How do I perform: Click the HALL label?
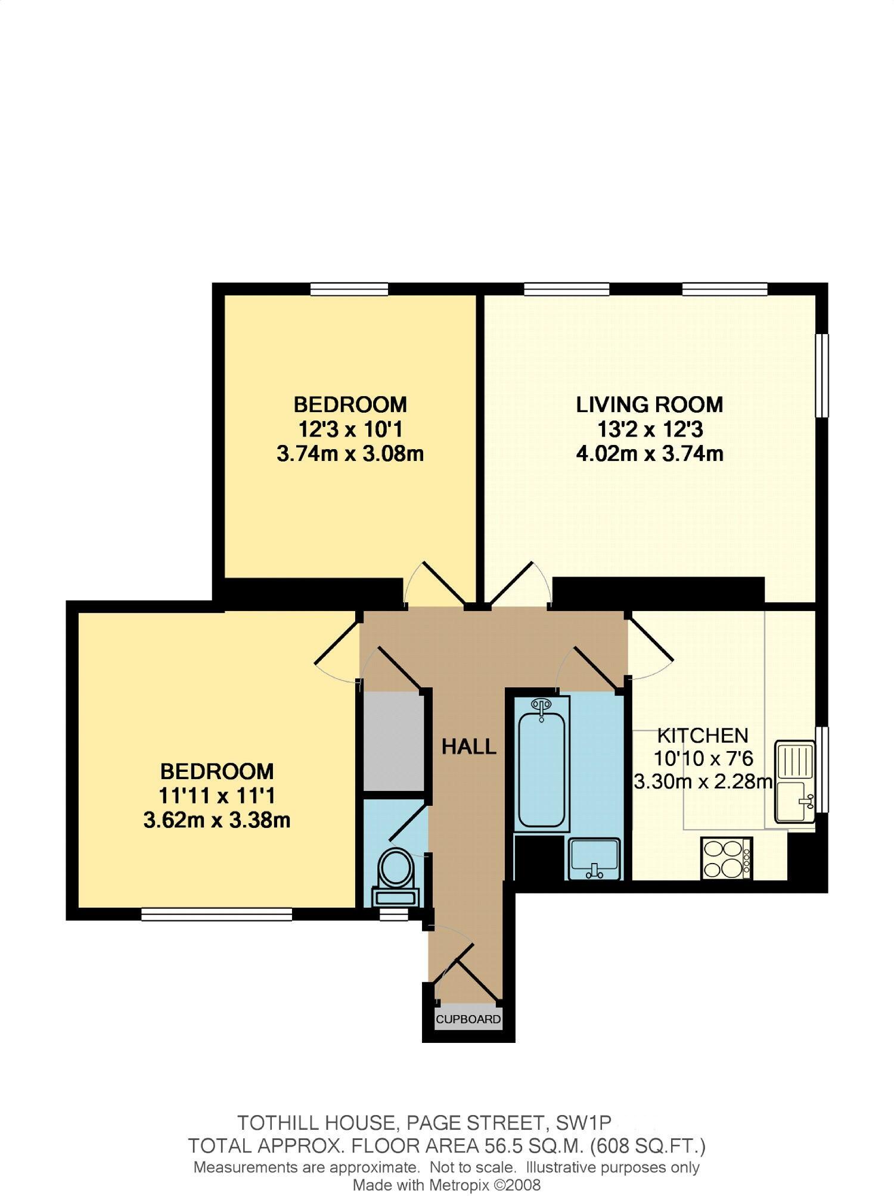[x=468, y=746]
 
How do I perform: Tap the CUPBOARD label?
[x=468, y=1019]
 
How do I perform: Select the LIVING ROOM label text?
[x=649, y=404]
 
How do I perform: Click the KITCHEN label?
[x=702, y=736]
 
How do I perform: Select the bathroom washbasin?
[x=595, y=858]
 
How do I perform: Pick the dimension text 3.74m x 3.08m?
[x=350, y=454]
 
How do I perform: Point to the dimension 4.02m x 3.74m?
[x=649, y=454]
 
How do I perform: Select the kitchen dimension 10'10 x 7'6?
[x=703, y=759]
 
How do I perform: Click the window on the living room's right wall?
[x=822, y=375]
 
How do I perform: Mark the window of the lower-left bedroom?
[x=216, y=914]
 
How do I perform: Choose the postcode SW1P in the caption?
[x=583, y=1123]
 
